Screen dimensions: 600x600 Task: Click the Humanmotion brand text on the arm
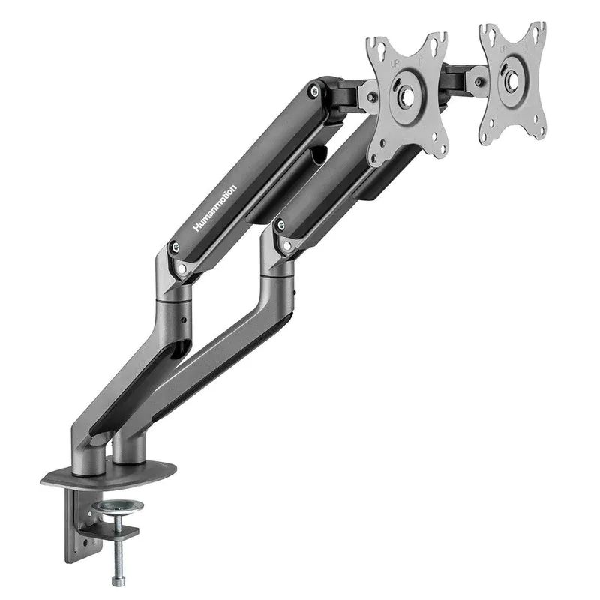coord(215,208)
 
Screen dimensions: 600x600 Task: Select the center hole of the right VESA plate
coord(512,80)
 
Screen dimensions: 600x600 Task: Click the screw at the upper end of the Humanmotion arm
coord(313,91)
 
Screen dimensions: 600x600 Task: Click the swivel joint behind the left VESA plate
coord(366,96)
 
